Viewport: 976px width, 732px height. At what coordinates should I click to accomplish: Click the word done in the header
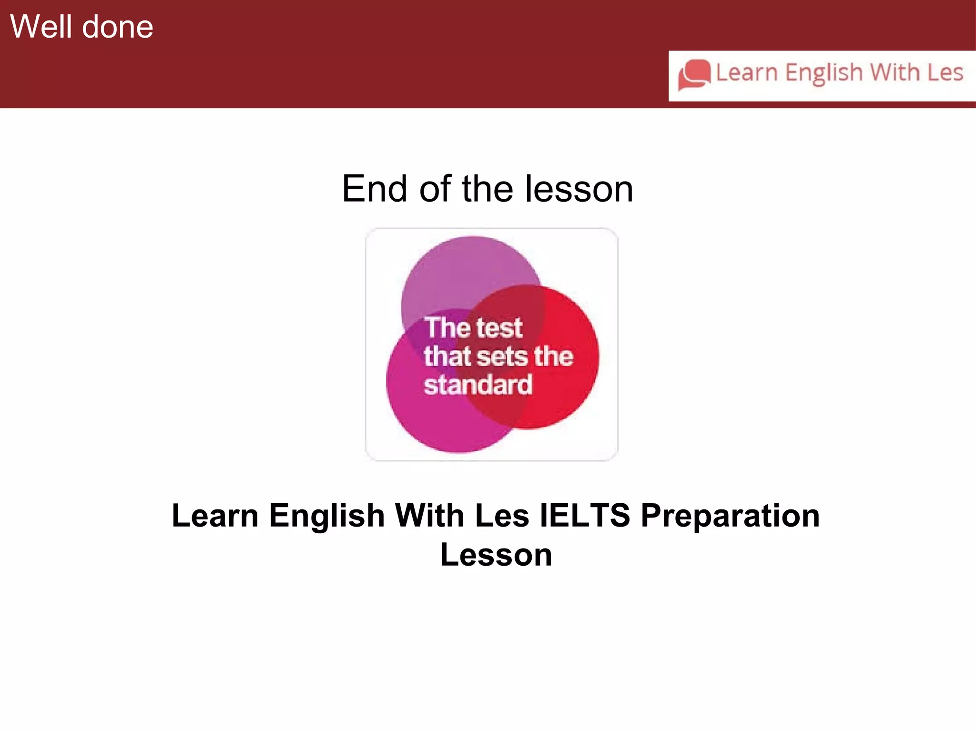(118, 27)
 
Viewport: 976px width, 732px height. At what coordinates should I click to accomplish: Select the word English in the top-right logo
(824, 73)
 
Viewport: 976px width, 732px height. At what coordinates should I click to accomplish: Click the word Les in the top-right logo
(945, 72)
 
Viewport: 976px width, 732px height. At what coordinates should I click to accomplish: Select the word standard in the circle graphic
(478, 385)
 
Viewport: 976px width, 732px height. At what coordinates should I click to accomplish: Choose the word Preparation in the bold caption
(730, 516)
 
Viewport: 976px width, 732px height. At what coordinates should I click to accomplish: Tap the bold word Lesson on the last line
(496, 555)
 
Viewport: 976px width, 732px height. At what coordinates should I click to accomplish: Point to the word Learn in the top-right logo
(747, 73)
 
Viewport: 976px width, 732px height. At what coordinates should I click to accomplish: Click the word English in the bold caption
(326, 516)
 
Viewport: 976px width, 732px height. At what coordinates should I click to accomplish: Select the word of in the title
(434, 189)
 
